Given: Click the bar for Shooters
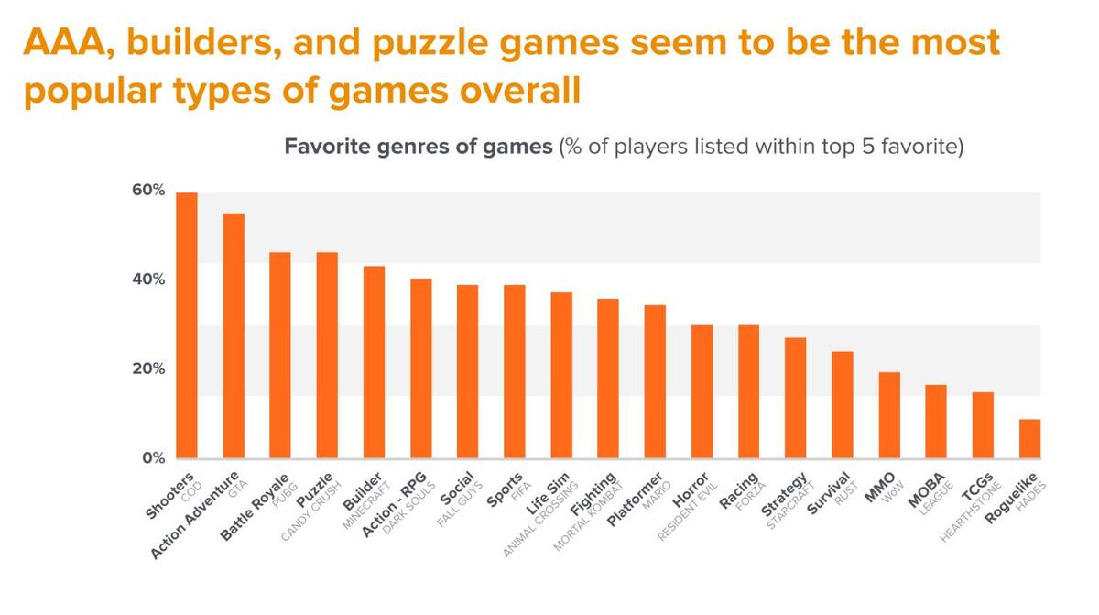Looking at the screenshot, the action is point(187,325).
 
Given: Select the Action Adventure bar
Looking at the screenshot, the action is point(234,335).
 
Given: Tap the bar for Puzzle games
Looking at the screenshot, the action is point(327,356).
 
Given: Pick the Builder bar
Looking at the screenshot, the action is point(374,362).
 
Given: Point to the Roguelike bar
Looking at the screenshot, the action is point(1029,439).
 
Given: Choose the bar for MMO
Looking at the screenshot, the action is point(889,415).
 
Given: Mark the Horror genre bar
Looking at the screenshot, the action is point(702,391).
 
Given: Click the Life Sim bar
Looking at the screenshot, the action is point(561,376).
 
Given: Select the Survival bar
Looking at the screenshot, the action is point(843,405).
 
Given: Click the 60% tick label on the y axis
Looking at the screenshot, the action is point(148,191).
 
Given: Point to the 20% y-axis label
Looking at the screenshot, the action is point(148,369).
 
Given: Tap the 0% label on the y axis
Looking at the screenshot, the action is point(154,458).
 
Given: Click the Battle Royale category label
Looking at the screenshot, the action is point(255,508).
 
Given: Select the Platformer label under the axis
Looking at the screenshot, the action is point(636,499).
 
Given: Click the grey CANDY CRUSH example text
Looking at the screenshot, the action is point(311,511).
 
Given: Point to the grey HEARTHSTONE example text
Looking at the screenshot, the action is point(971,512).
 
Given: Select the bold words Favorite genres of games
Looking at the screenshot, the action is point(419,147).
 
